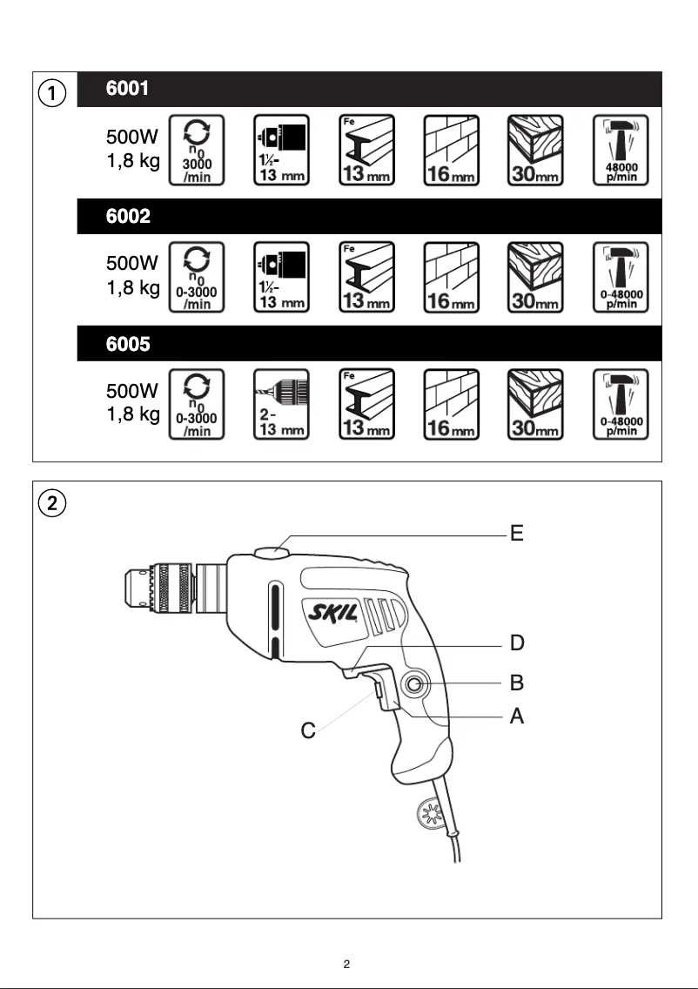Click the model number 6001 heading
(128, 89)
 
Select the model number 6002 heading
(128, 217)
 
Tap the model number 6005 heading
(128, 344)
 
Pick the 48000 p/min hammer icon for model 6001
(621, 150)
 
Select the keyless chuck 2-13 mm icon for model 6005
(281, 404)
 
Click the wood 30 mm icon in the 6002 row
(535, 277)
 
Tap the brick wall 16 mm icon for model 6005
(451, 404)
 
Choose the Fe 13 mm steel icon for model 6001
(366, 150)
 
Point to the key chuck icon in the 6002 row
(281, 277)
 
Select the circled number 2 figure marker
(53, 502)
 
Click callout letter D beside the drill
(517, 644)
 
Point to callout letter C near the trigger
(308, 731)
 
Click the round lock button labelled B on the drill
(413, 685)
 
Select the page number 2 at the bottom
(346, 964)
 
